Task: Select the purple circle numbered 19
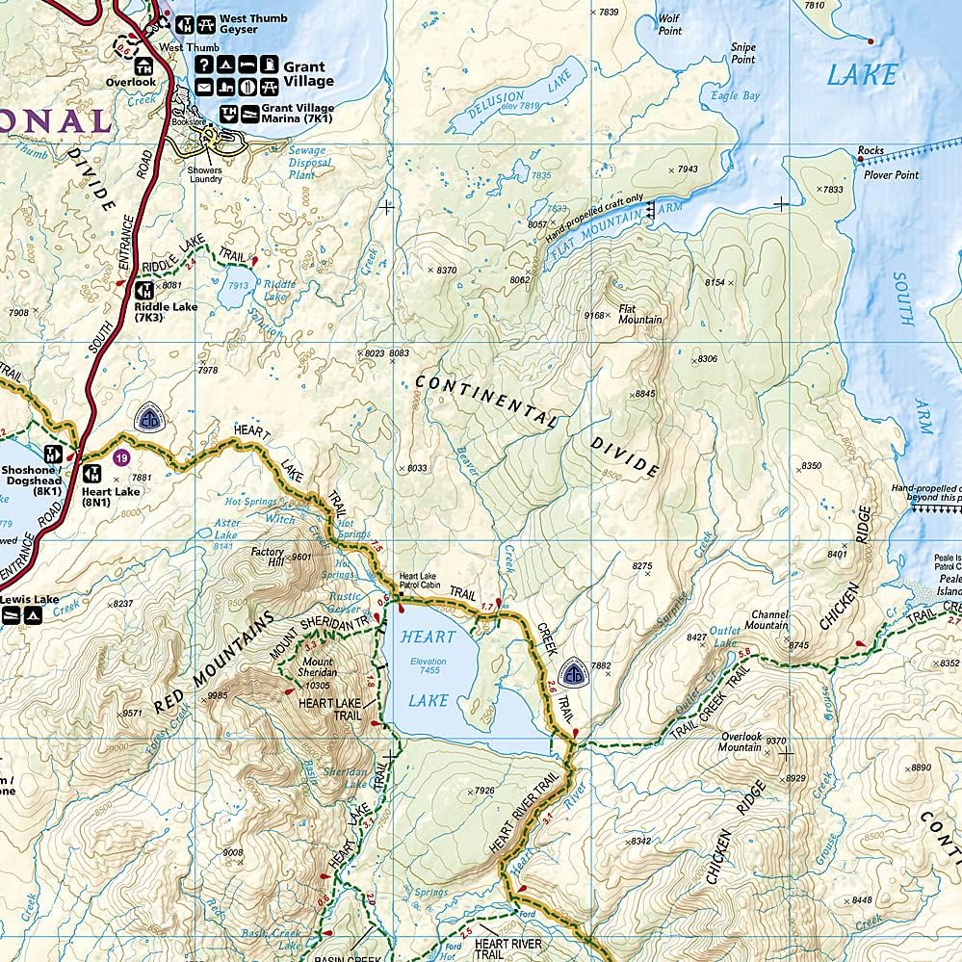(x=121, y=457)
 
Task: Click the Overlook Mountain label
(x=740, y=742)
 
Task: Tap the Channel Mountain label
(x=770, y=619)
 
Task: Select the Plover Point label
(x=893, y=175)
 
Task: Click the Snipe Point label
(x=742, y=53)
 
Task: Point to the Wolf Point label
(x=670, y=25)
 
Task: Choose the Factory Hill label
(x=268, y=557)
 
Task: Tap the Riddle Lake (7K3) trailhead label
(x=166, y=311)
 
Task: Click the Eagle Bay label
(x=736, y=96)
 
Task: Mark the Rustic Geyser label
(x=346, y=602)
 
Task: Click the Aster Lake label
(x=226, y=529)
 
